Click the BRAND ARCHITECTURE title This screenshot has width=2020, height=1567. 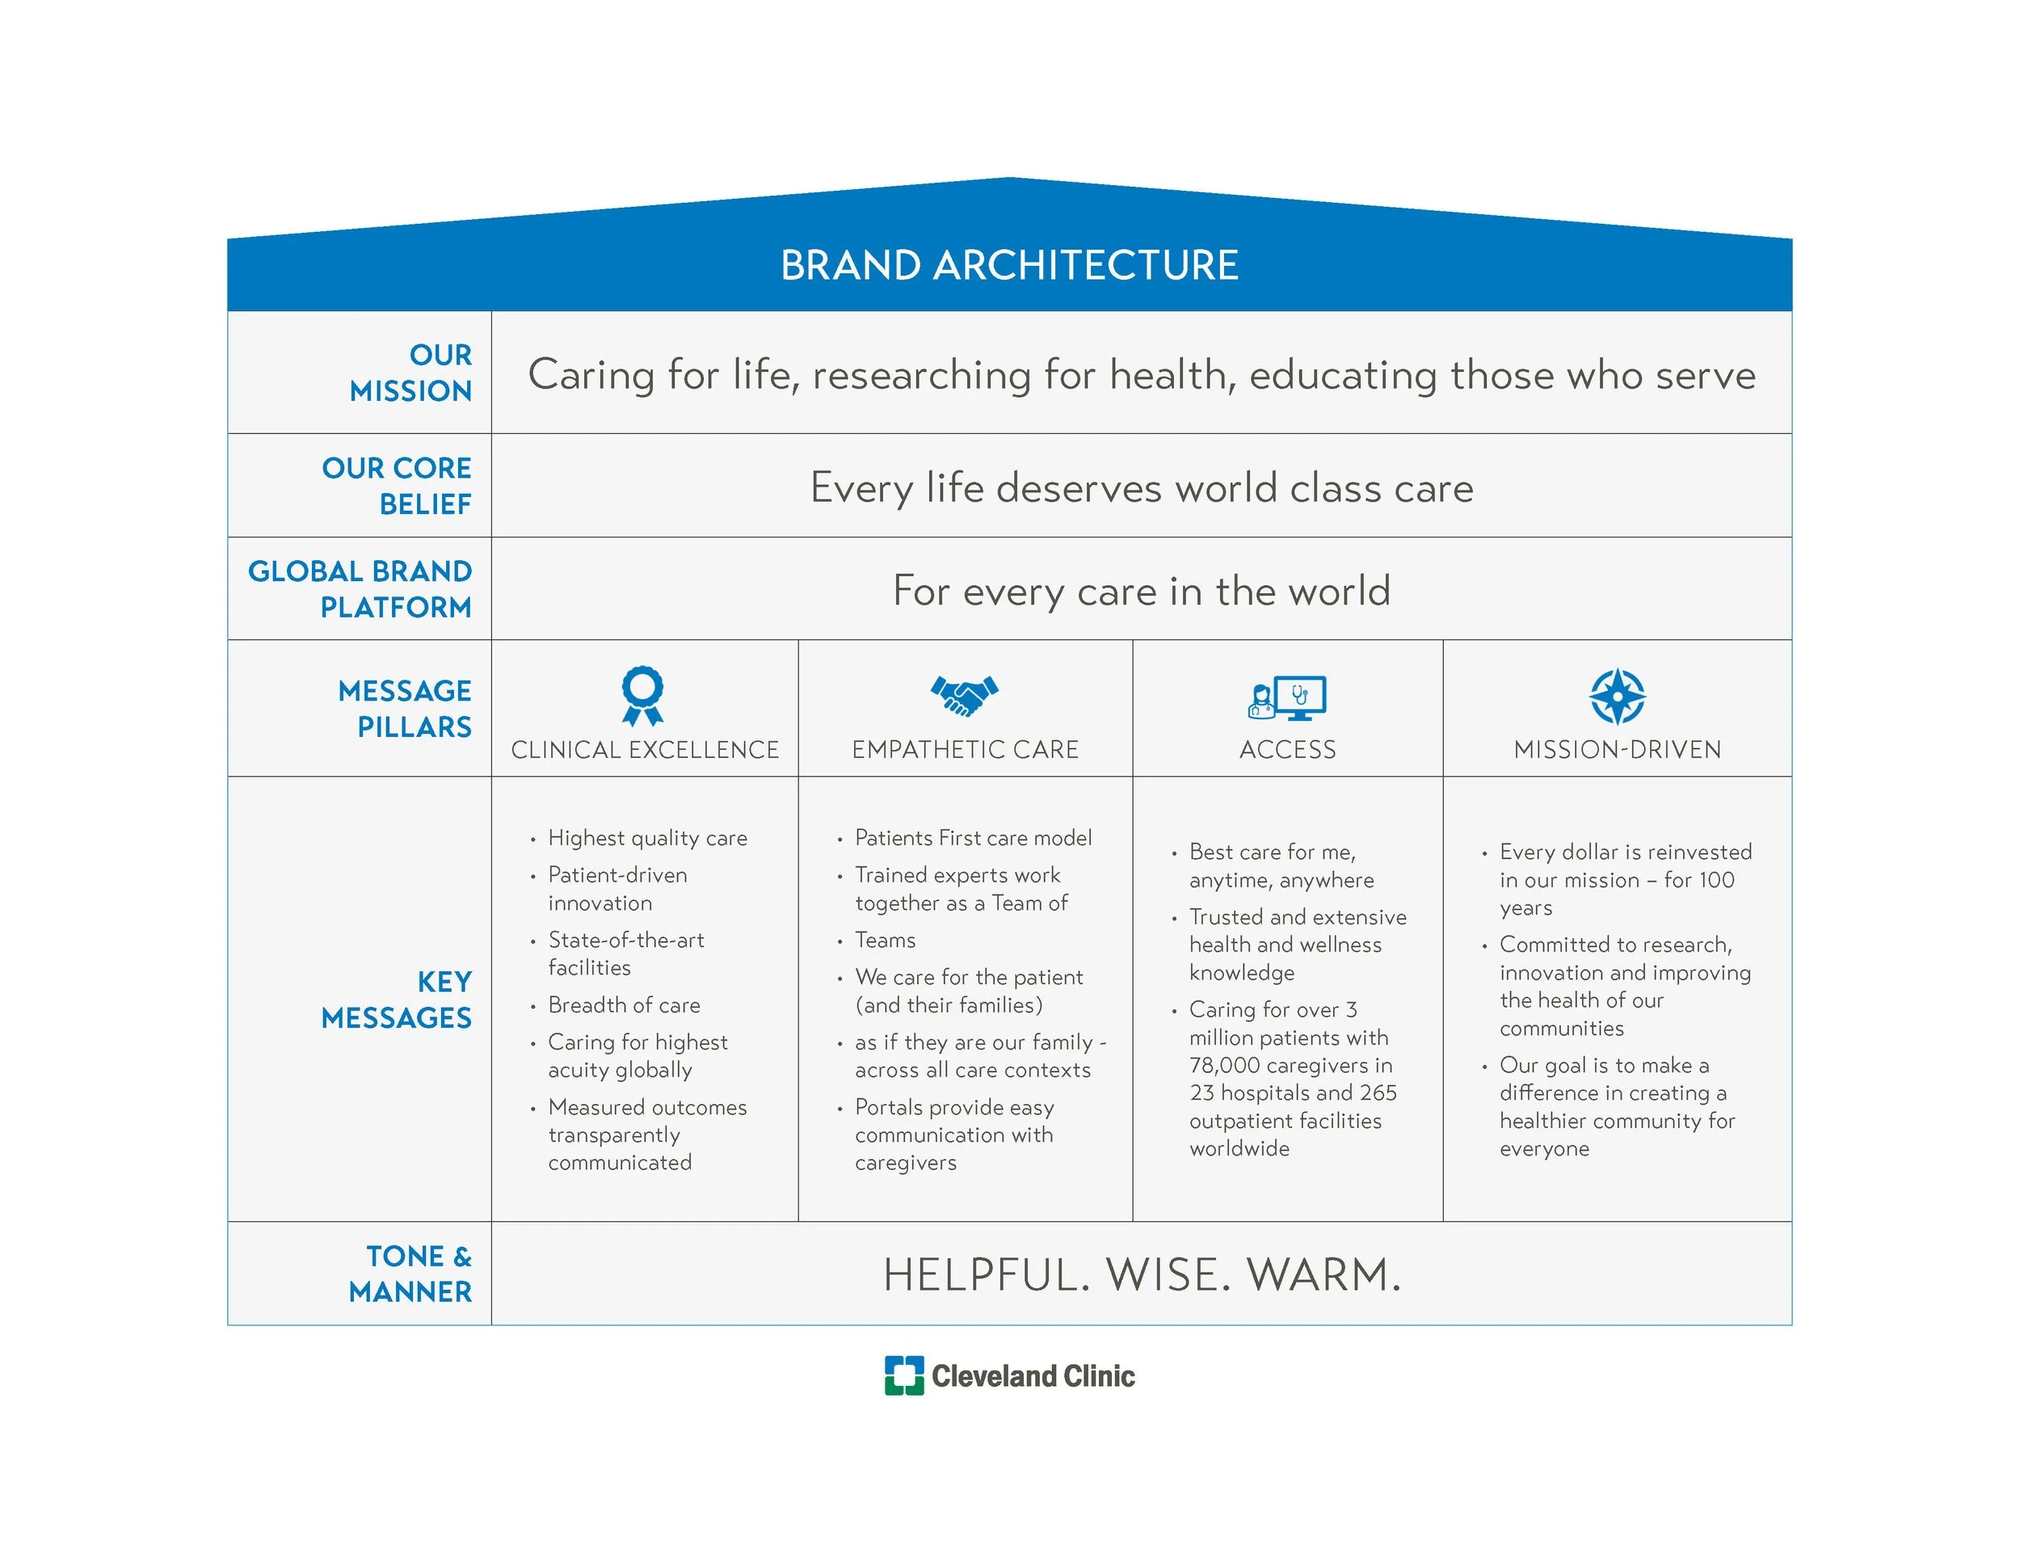[x=1009, y=266]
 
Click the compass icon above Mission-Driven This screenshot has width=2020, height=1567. [x=1617, y=696]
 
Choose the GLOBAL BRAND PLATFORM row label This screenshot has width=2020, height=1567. [x=360, y=588]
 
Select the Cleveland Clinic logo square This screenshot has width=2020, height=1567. [x=903, y=1375]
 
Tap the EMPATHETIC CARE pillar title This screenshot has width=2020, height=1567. [x=965, y=749]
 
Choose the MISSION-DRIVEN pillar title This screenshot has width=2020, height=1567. [x=1617, y=749]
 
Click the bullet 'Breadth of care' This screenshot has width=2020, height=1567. [x=624, y=1005]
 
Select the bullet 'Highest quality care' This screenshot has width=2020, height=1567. [x=646, y=838]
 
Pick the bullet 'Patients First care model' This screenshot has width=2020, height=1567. [x=973, y=838]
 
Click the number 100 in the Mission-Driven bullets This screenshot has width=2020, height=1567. [x=1714, y=880]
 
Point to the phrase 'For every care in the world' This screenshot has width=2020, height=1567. [x=1142, y=591]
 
